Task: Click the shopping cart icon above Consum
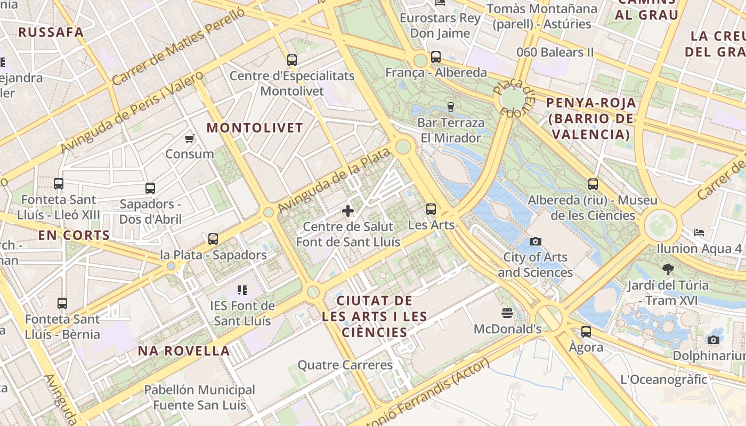tap(189, 139)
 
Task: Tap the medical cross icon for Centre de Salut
tap(348, 211)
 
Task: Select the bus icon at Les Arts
tap(431, 209)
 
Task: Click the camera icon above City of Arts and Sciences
tap(536, 242)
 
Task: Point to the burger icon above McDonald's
tap(507, 313)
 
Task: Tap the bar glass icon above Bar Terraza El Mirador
tap(451, 107)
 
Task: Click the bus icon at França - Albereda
tap(436, 57)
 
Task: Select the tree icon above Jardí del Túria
tap(668, 269)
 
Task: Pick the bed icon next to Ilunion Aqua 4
tap(699, 233)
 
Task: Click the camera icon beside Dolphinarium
tap(713, 340)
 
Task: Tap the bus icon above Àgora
tap(586, 332)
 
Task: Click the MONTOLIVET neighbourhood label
tap(255, 128)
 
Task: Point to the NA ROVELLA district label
tap(184, 351)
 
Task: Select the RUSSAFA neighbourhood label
tap(51, 32)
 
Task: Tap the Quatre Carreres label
tap(345, 365)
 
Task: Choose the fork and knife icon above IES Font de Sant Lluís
tap(242, 290)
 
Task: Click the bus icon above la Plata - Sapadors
tap(213, 239)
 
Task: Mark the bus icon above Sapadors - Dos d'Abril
tap(150, 189)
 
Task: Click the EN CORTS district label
tap(74, 235)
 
